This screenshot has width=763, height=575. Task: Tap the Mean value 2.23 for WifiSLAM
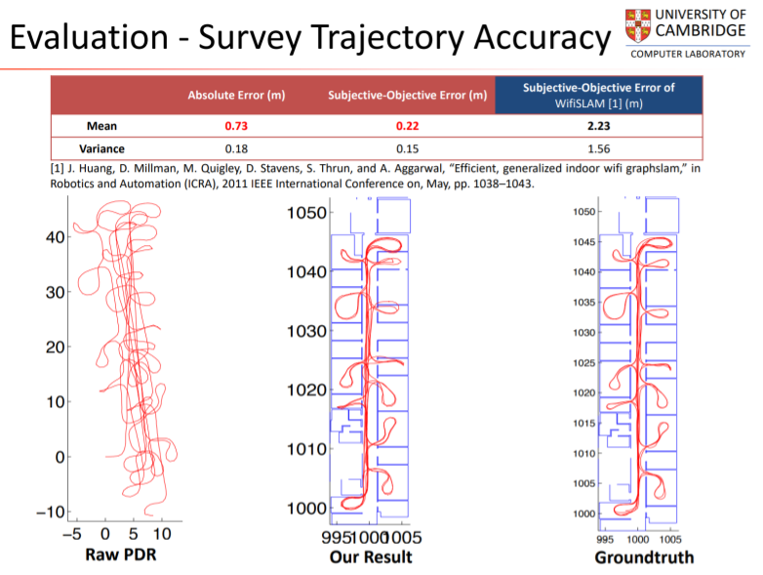click(x=598, y=126)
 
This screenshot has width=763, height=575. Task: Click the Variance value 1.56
click(x=598, y=148)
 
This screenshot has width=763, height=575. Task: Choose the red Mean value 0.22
click(x=408, y=126)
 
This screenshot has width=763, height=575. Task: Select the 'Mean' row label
click(x=101, y=126)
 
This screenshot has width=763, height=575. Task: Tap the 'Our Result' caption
click(x=371, y=556)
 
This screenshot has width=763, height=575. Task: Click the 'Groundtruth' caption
click(x=644, y=557)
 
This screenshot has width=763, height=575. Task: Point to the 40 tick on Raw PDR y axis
click(x=54, y=236)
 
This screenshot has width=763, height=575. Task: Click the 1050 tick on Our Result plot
click(x=303, y=213)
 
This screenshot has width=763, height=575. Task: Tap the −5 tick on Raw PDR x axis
click(x=72, y=534)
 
